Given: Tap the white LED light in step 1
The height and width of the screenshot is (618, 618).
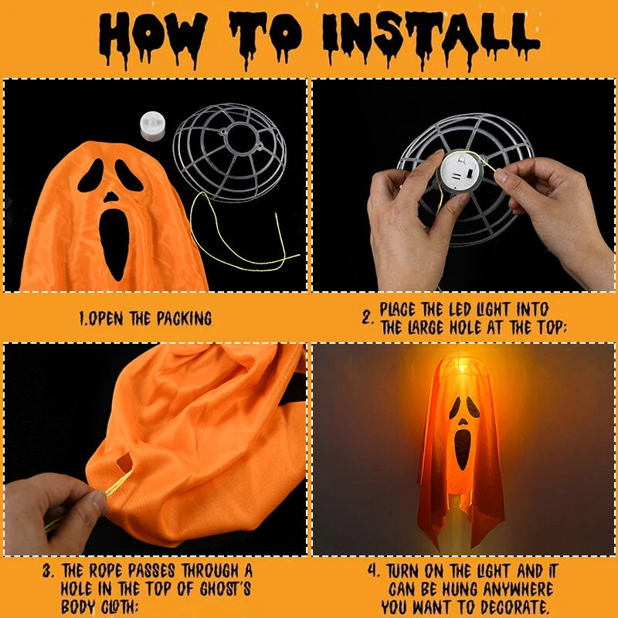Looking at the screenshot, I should click(153, 126).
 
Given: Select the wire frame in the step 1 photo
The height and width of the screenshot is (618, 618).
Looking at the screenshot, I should click(229, 151).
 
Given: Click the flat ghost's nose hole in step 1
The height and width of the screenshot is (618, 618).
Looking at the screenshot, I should click(112, 197).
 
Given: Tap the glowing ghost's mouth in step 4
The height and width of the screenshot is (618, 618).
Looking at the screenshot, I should click(462, 448).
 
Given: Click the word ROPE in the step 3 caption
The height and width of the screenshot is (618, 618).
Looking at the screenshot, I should click(104, 571).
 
